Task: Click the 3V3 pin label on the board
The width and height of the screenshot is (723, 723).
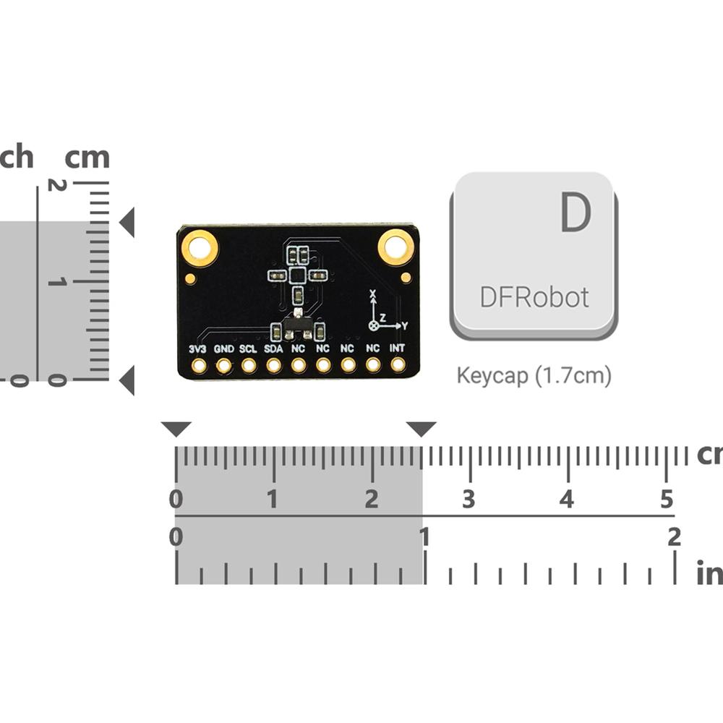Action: click(x=197, y=348)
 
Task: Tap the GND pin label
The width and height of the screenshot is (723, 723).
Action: click(x=224, y=348)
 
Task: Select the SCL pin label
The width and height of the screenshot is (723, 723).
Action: click(x=248, y=348)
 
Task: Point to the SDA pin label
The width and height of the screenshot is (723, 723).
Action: click(x=273, y=348)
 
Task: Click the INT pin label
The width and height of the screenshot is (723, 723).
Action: click(x=398, y=348)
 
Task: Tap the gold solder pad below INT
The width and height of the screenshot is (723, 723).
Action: click(x=398, y=365)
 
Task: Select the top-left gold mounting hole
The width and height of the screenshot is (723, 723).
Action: click(x=200, y=248)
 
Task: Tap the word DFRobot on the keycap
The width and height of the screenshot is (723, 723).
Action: click(x=534, y=296)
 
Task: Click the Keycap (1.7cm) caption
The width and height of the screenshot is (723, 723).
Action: click(x=534, y=376)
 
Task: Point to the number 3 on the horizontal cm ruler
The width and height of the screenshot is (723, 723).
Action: click(x=469, y=499)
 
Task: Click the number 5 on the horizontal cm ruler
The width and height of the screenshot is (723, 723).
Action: click(x=667, y=499)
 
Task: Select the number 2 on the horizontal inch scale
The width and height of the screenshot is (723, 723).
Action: click(x=674, y=536)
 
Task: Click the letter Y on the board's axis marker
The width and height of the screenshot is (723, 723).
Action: click(x=405, y=326)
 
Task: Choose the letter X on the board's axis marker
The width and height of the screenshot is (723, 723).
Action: click(x=373, y=295)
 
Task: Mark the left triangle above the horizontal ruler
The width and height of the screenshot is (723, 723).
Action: click(x=176, y=429)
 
